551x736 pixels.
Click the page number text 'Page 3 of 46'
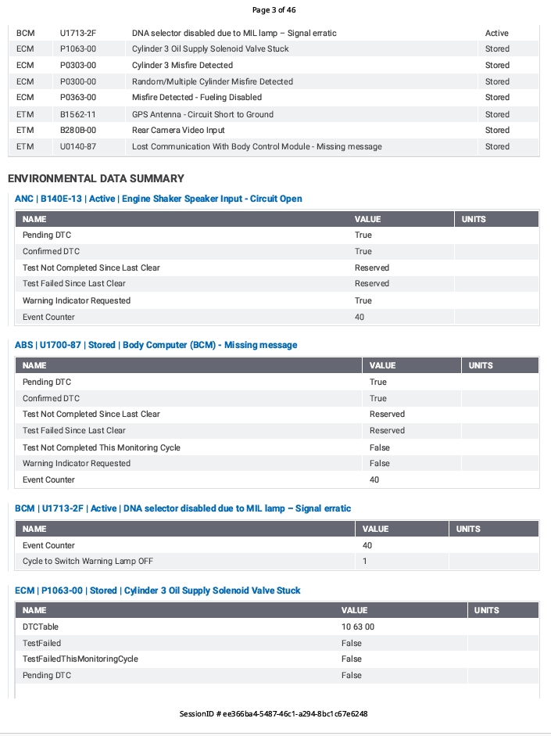(274, 10)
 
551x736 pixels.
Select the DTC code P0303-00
(77, 65)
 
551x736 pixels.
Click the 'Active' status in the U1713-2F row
(496, 33)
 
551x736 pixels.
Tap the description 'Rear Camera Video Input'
(178, 130)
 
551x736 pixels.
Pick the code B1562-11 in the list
(77, 114)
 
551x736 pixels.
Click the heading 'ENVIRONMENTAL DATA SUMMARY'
(96, 178)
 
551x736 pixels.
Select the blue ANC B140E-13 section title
(159, 199)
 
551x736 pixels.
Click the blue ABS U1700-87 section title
(156, 345)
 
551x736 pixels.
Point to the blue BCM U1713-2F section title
(183, 508)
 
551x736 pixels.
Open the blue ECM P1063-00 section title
(158, 591)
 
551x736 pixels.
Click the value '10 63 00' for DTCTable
(358, 626)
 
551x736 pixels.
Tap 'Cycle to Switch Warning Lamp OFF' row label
(88, 562)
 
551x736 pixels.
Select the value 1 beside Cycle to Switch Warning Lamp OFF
(365, 562)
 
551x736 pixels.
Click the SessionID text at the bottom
(274, 713)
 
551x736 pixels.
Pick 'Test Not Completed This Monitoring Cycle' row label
(102, 447)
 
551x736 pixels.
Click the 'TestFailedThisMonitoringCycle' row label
(81, 659)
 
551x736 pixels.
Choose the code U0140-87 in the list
(77, 146)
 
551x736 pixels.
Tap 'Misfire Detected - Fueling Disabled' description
(197, 97)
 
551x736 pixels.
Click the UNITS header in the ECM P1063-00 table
(486, 610)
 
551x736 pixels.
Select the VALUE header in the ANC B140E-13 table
(367, 219)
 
